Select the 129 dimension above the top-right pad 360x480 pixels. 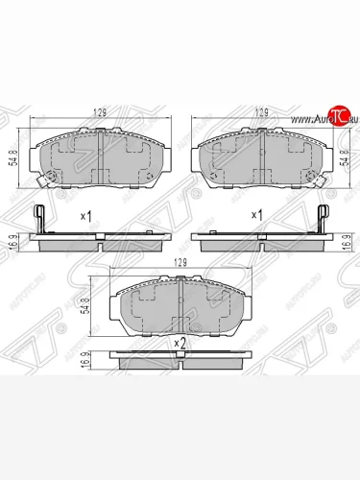(258, 113)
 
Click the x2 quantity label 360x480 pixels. (179, 343)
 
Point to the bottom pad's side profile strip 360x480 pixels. (180, 357)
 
